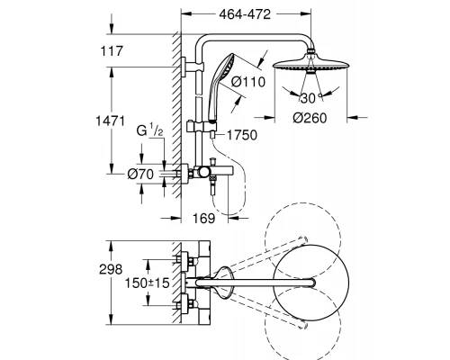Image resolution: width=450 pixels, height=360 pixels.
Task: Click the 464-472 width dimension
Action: [245, 14]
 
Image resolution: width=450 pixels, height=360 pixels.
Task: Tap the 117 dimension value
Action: [112, 51]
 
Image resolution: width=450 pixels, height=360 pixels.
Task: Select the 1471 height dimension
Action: [110, 121]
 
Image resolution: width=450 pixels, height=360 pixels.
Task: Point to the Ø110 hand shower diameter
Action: [248, 82]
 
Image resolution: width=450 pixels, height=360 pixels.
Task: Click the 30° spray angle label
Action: [310, 98]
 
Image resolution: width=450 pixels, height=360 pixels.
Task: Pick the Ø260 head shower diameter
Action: [310, 118]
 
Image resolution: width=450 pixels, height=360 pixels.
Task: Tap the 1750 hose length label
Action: [242, 135]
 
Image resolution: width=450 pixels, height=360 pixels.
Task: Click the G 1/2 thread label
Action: [149, 130]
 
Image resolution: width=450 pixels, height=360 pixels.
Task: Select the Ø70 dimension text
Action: [140, 174]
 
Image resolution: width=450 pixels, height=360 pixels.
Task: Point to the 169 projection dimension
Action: [203, 219]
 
